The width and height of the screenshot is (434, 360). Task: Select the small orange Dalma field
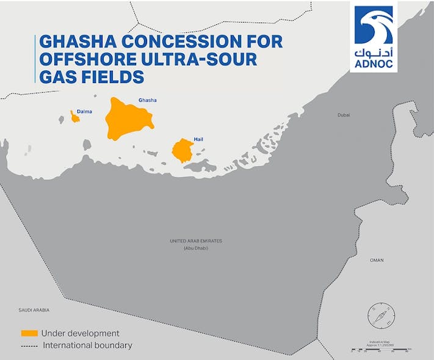tap(75, 118)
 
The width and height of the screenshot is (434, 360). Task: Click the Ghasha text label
tap(146, 100)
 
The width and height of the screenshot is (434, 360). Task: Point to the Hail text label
tap(198, 140)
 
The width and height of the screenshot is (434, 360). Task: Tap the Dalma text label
tap(77, 112)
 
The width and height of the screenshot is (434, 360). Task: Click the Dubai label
tap(344, 115)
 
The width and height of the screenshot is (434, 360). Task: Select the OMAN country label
tap(377, 261)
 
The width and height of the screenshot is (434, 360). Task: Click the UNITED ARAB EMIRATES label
tap(196, 241)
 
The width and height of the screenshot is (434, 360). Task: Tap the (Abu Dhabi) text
tap(196, 248)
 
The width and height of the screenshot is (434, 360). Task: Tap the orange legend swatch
tap(29, 333)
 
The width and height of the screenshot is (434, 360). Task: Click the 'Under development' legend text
tap(80, 333)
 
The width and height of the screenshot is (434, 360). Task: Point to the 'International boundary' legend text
tap(87, 345)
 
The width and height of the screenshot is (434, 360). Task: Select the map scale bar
tap(379, 350)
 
